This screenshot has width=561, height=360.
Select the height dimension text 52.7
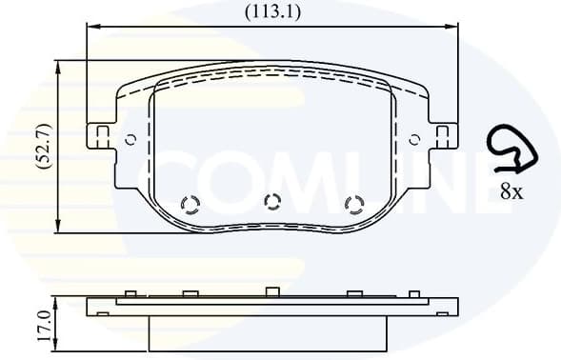[x=42, y=146]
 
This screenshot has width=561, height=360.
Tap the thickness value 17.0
[x=42, y=325]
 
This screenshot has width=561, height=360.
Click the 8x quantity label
[x=511, y=191]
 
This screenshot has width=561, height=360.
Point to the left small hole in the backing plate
[x=130, y=139]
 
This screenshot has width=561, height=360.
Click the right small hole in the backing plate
[x=414, y=139]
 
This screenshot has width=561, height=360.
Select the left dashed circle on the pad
[x=190, y=205]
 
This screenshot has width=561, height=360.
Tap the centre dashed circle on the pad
[x=271, y=201]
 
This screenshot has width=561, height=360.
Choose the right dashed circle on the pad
[x=353, y=205]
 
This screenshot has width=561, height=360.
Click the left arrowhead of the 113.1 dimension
[x=90, y=27]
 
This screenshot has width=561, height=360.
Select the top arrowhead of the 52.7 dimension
[x=60, y=66]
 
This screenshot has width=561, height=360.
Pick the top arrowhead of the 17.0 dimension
[x=60, y=301]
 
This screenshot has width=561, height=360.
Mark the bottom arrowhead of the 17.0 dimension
[x=60, y=346]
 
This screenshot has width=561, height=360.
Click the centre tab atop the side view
[x=271, y=291]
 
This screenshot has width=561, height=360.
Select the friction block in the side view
[x=271, y=330]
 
